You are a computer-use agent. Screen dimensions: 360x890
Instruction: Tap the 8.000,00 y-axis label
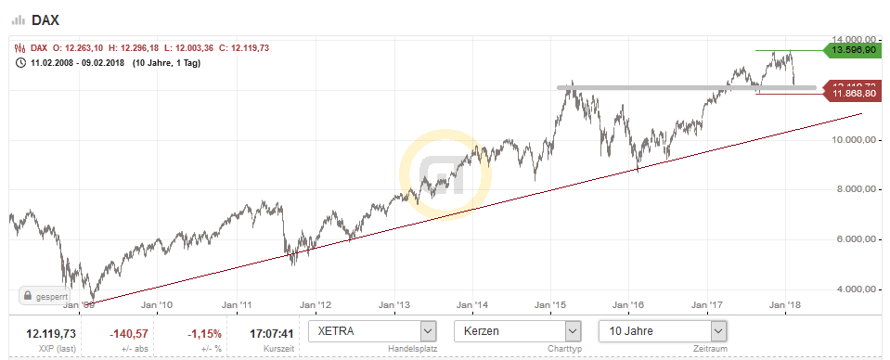coord(850,189)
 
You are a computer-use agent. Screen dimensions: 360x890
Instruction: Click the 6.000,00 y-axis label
coord(850,239)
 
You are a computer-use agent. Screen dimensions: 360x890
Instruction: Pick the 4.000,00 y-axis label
coord(850,289)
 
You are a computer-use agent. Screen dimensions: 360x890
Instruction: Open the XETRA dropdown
coord(372,330)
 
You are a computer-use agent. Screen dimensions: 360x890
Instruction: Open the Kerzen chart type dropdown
coord(518,330)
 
